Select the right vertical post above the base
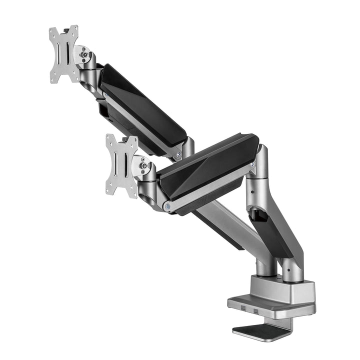(292, 270)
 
